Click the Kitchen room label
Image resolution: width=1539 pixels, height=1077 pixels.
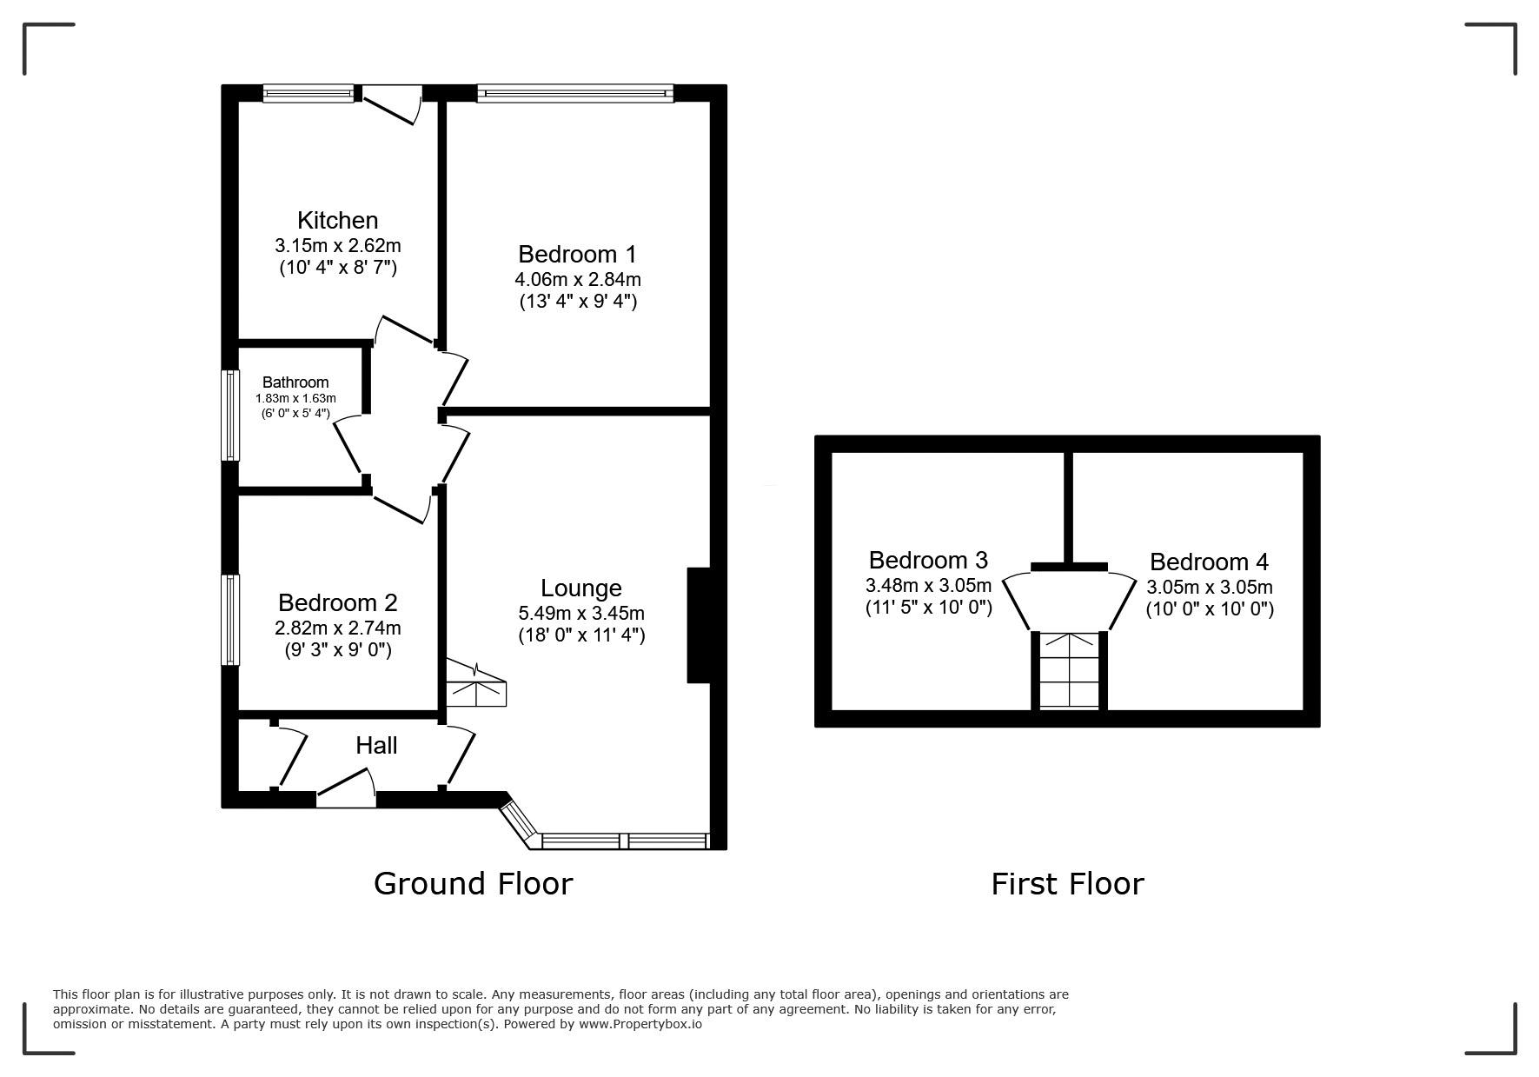tap(337, 220)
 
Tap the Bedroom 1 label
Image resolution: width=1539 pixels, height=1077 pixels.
tap(577, 254)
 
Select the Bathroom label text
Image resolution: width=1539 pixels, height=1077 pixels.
tap(295, 382)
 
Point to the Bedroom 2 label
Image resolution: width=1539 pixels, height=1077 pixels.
tap(337, 602)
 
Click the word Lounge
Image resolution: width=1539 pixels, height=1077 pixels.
tap(580, 589)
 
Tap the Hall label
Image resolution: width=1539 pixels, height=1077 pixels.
tap(376, 745)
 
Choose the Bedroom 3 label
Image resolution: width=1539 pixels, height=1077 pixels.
tap(928, 560)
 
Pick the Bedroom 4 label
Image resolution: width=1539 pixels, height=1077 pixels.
tap(1209, 562)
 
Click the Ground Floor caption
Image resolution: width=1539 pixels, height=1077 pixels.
tap(473, 883)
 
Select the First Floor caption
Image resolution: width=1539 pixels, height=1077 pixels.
tap(1067, 883)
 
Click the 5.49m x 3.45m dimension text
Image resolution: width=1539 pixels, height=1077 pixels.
tap(580, 614)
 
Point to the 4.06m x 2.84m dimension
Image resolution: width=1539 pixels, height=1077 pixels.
tap(577, 279)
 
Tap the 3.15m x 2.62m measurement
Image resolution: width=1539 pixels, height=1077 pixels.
tap(337, 245)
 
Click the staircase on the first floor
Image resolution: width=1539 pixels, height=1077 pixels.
tap(1069, 670)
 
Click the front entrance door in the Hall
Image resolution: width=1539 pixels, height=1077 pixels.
tap(346, 788)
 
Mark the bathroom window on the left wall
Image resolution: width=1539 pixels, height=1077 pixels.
tap(230, 416)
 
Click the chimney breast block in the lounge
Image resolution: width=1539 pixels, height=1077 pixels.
tap(699, 625)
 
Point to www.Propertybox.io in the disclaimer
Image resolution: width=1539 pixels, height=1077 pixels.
tap(640, 1024)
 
